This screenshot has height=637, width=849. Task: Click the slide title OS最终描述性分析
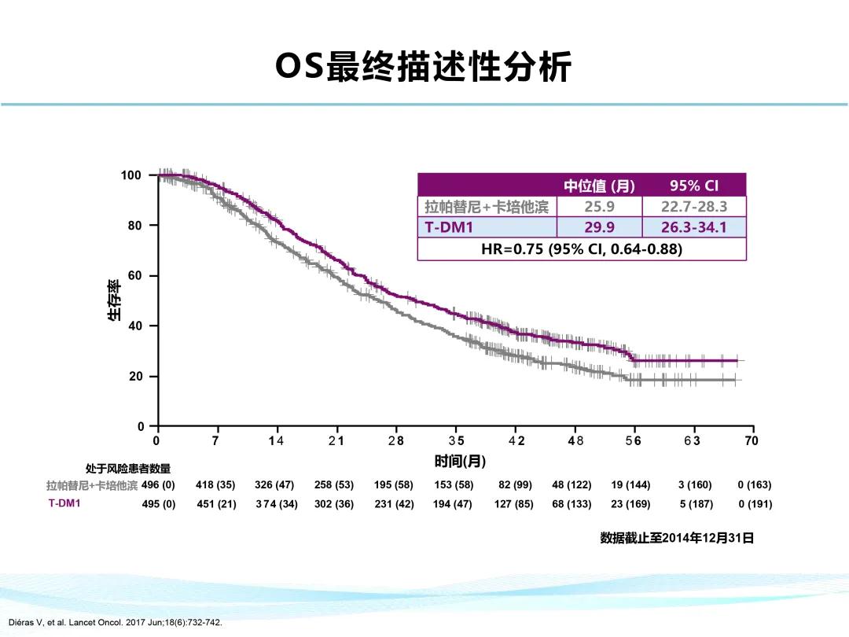click(424, 68)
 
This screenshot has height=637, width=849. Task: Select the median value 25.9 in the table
click(599, 207)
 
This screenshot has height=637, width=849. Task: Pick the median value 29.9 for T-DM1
click(599, 228)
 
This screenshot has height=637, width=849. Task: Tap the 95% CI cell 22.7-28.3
click(694, 207)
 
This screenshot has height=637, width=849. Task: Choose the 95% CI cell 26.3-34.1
click(694, 228)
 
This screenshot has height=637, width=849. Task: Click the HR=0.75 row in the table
click(581, 249)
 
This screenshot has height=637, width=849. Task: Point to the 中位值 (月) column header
click(599, 186)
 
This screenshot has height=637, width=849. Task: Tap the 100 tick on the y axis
click(131, 175)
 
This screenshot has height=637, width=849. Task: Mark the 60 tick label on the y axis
click(134, 276)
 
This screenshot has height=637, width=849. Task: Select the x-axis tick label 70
click(752, 441)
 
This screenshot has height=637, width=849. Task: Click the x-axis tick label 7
click(216, 441)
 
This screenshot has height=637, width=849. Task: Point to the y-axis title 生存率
click(115, 300)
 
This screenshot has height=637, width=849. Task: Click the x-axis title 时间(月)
click(460, 460)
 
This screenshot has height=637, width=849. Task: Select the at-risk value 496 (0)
click(158, 485)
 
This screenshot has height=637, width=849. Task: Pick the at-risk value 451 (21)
click(216, 504)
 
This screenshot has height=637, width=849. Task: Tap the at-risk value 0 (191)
click(755, 504)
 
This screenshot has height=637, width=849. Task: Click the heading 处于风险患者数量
click(128, 469)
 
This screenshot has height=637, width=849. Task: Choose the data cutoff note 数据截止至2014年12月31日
click(677, 538)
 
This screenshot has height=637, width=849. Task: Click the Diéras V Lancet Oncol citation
click(116, 623)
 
